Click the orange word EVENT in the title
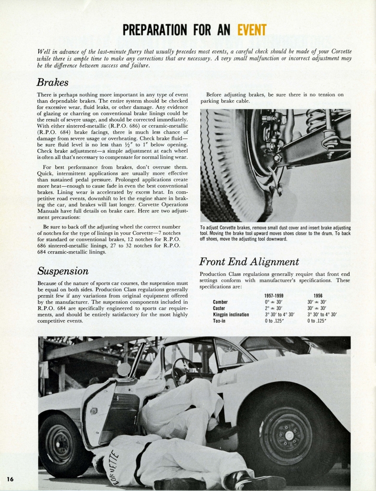pyautogui.click(x=252, y=30)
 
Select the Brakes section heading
pyautogui.click(x=52, y=82)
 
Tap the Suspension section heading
pyautogui.click(x=63, y=271)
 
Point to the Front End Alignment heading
pyautogui.click(x=248, y=262)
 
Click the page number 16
pyautogui.click(x=11, y=479)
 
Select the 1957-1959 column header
pyautogui.click(x=274, y=296)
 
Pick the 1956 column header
pyautogui.click(x=317, y=296)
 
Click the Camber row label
pyautogui.click(x=220, y=302)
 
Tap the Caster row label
pyautogui.click(x=219, y=308)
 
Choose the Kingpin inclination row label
pyautogui.click(x=231, y=315)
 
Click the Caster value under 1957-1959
pyautogui.click(x=274, y=308)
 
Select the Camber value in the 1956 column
pyautogui.click(x=317, y=302)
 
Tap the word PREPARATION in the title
pyautogui.click(x=156, y=30)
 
